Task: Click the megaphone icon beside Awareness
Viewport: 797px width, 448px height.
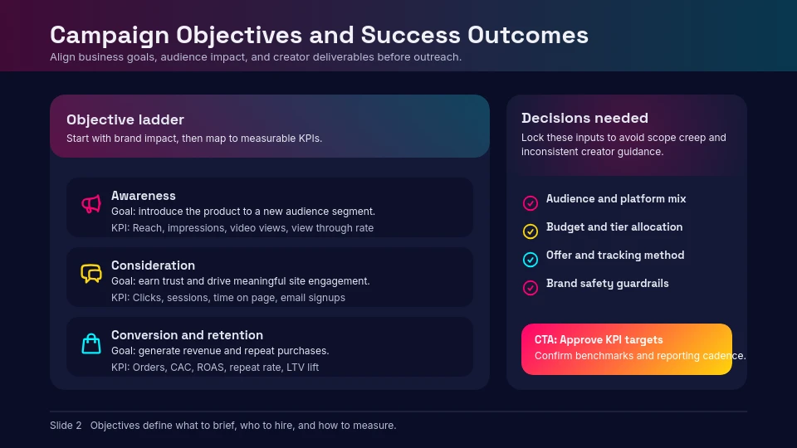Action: click(90, 204)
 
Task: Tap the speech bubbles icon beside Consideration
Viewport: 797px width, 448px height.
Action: click(90, 274)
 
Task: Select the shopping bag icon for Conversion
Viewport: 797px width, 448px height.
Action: click(90, 343)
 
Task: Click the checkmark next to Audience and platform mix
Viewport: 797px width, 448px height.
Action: click(531, 203)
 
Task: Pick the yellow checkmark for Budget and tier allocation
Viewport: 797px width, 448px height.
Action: click(531, 231)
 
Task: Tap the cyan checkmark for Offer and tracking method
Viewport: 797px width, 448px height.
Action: click(531, 260)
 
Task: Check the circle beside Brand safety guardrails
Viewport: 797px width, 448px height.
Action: click(531, 288)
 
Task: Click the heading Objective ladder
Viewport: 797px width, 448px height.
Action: click(125, 119)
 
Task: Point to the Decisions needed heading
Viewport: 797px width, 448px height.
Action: click(584, 118)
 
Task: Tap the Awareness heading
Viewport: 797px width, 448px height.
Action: click(143, 196)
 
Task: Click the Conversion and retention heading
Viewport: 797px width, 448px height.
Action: click(187, 335)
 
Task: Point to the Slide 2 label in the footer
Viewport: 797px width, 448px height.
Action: click(66, 426)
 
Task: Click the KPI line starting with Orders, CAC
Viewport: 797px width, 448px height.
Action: click(215, 367)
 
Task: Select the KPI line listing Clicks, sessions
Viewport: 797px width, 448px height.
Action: click(228, 297)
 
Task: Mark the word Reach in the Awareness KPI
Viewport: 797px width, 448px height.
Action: click(147, 227)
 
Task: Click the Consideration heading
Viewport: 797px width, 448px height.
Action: click(153, 265)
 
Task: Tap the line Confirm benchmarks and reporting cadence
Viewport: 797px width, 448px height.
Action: click(639, 356)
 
